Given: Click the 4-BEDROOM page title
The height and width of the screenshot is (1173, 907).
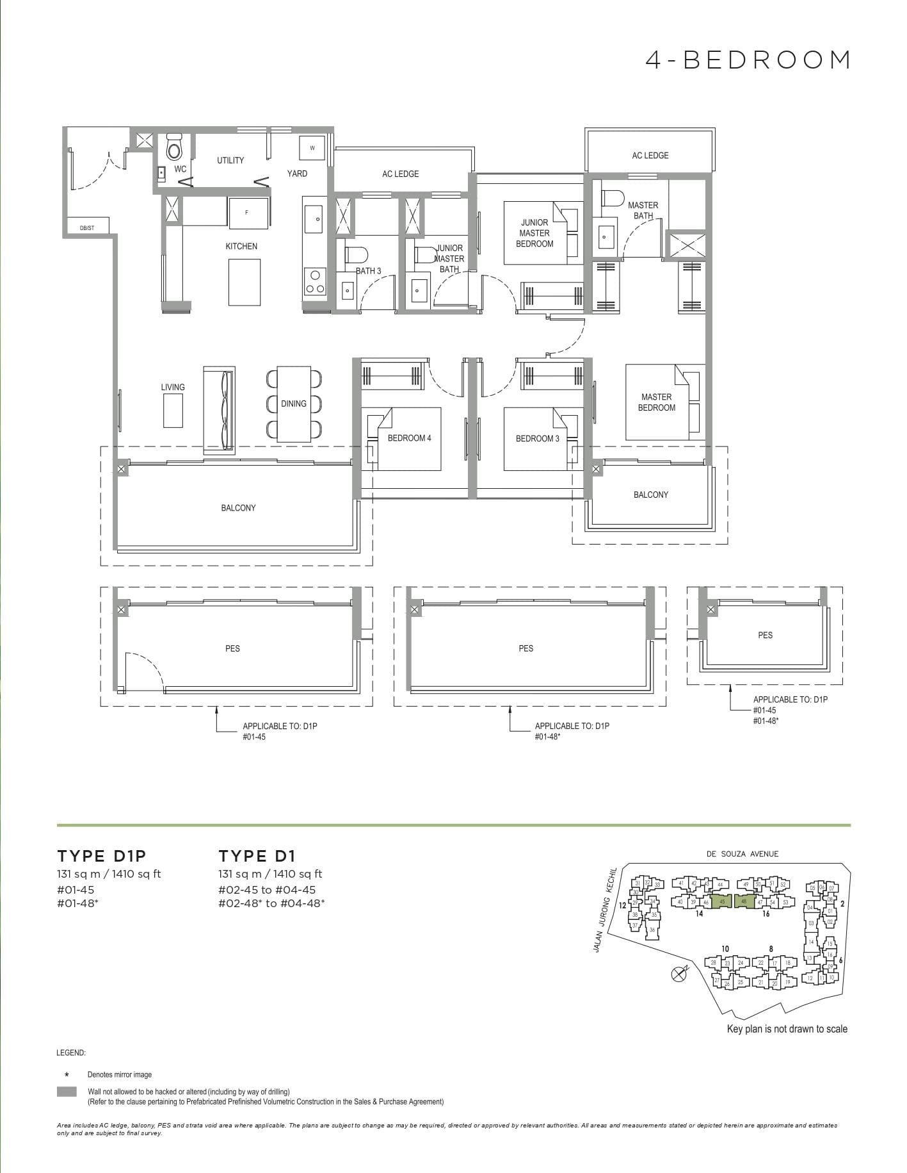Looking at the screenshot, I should coord(748,60).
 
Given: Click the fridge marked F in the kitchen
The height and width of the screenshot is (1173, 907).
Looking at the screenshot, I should coord(247,212).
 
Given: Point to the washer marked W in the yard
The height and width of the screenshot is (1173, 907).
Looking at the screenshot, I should coord(312,148).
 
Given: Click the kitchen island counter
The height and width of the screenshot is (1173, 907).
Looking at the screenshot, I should coord(244,282).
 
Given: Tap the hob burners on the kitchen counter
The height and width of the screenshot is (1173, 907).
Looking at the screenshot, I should coord(314,282).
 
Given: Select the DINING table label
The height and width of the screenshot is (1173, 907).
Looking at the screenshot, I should coord(294,404).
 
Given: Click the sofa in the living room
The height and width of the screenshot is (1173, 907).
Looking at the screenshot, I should coord(220,410).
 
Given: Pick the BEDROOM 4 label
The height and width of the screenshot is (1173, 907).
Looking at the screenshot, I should coord(409,438).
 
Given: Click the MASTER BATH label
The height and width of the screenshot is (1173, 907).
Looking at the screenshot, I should coord(643,210).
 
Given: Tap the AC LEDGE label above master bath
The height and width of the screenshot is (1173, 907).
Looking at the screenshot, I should coord(650,156).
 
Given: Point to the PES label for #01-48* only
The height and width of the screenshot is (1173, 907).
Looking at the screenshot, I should coord(526,648).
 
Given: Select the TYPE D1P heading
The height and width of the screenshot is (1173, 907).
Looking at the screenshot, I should coord(102,856).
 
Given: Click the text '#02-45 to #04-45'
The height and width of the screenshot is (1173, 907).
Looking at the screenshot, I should coord(267,890).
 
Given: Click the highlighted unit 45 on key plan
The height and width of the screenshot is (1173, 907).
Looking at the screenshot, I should coord(721,901).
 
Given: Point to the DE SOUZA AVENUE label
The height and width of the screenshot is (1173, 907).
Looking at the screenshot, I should coord(742,854).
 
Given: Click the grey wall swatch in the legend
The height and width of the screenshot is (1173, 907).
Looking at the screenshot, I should coord(67,1092).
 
